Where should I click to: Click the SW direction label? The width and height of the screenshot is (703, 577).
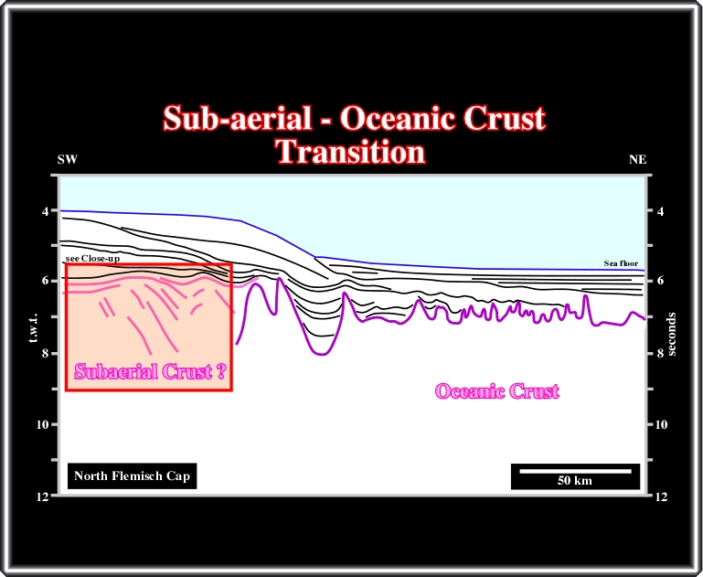point(68,160)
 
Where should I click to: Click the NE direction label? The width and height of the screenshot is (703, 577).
point(637,160)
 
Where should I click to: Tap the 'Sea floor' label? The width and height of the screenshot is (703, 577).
point(621,263)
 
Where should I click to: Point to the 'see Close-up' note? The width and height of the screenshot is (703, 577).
point(92,259)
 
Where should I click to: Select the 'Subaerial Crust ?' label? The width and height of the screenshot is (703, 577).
point(150,371)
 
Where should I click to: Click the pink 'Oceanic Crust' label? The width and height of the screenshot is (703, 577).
point(497,391)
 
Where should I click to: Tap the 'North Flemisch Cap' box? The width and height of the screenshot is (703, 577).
point(132,475)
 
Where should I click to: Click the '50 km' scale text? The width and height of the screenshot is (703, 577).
point(575,481)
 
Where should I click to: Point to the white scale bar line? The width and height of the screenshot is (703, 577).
point(575,471)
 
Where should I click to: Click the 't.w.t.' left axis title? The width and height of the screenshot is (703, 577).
point(33,328)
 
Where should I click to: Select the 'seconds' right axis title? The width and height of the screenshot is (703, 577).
point(671,335)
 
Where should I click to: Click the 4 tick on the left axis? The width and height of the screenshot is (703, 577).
point(46,210)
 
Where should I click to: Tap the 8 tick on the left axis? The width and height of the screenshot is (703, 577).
point(46,353)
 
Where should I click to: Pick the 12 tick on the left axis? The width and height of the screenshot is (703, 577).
point(43,497)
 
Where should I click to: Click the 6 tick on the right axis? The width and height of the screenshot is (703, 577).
point(660,281)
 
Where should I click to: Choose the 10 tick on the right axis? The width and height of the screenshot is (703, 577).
point(661,424)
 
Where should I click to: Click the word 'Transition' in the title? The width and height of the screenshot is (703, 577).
point(351,152)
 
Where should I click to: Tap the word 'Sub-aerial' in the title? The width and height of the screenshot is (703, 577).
point(237,118)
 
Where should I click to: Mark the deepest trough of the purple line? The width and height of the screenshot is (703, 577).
point(324,354)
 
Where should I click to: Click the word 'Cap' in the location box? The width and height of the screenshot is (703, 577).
point(178,476)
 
